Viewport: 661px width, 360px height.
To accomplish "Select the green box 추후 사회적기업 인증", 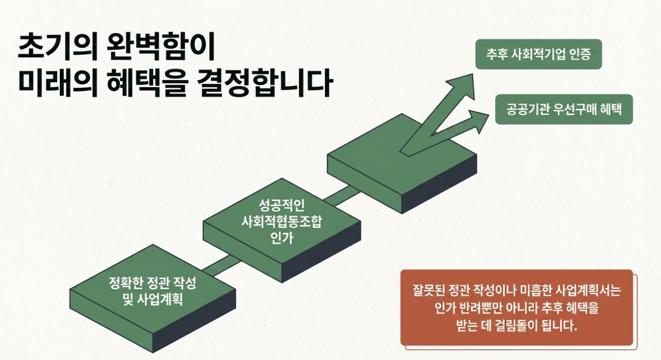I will tap(539, 54).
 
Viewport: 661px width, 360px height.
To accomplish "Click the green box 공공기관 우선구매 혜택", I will tap(564, 109).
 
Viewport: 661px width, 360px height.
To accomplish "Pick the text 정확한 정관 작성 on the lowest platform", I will tap(152, 283).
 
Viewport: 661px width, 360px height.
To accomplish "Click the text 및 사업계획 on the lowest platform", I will tap(152, 299).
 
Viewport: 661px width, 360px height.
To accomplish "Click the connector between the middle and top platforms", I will tap(343, 195).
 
